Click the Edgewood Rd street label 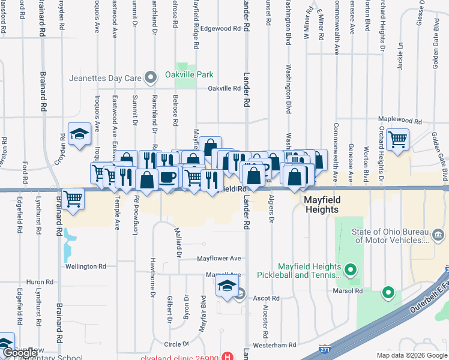pos(220,28)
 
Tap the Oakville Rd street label pos(224,88)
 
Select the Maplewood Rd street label pos(397,120)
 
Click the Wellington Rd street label pos(86,266)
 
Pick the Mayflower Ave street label pos(219,259)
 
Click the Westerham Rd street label pos(276,345)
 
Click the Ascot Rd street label pos(267,298)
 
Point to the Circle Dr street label pos(177,344)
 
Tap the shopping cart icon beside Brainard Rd pos(73,197)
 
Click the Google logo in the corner pos(20,353)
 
